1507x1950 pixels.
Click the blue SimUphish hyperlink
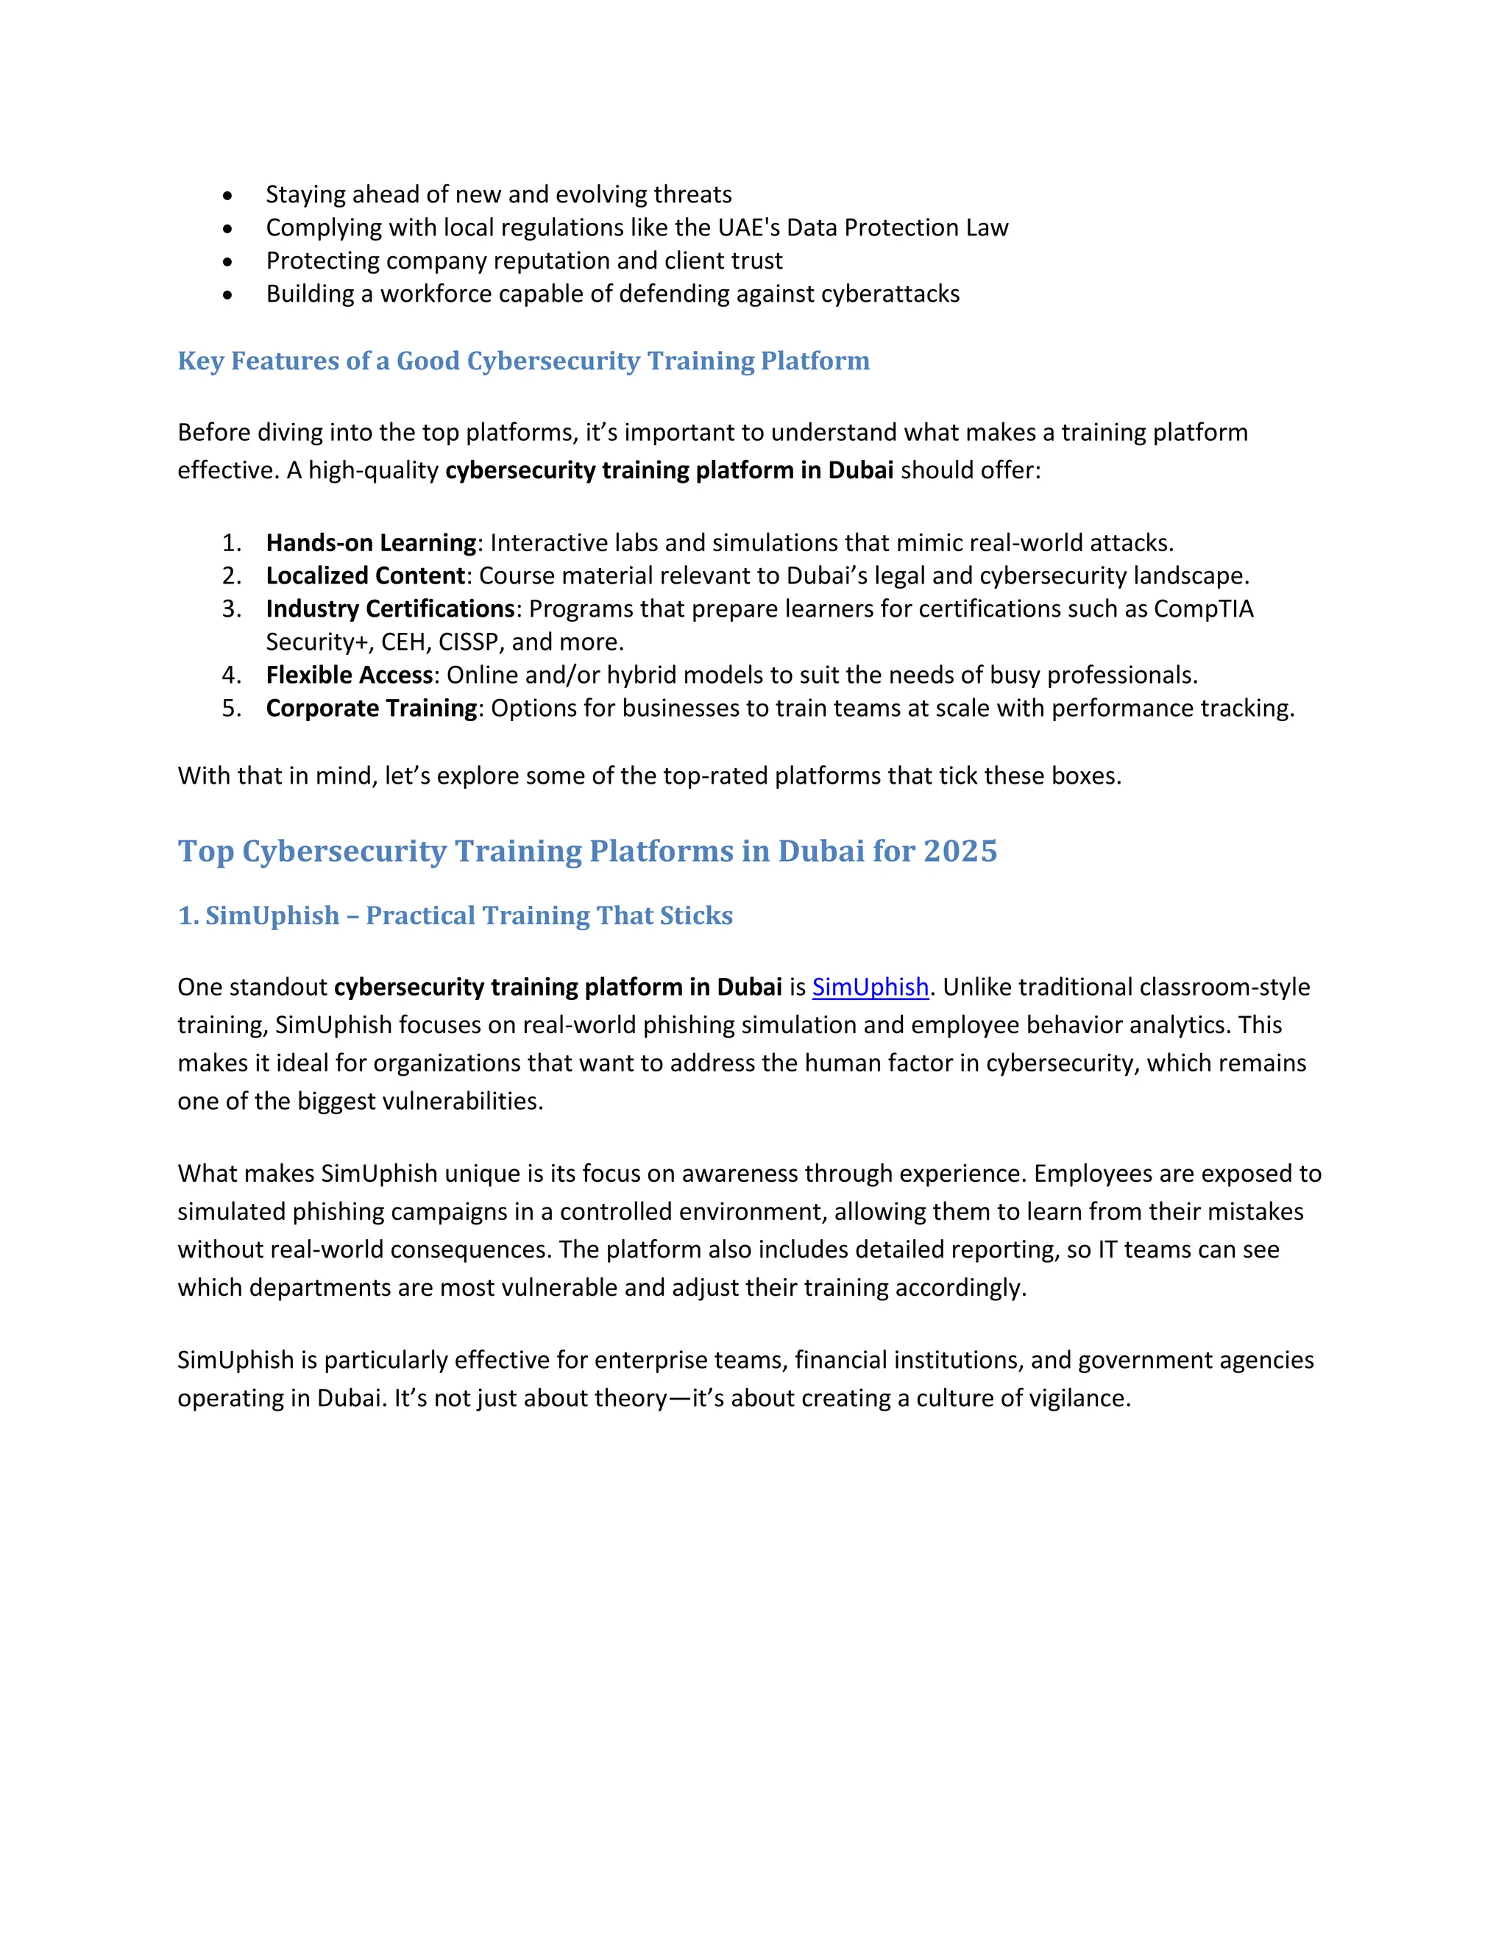tap(870, 987)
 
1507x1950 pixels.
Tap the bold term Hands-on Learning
tap(371, 543)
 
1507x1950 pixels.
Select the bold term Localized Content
tap(365, 576)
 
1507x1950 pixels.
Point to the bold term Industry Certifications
tap(390, 609)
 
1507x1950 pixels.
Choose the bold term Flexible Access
tap(349, 675)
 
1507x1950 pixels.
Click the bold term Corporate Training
tap(372, 708)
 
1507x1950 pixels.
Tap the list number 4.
tap(230, 675)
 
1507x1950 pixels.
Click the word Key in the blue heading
tap(201, 361)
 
